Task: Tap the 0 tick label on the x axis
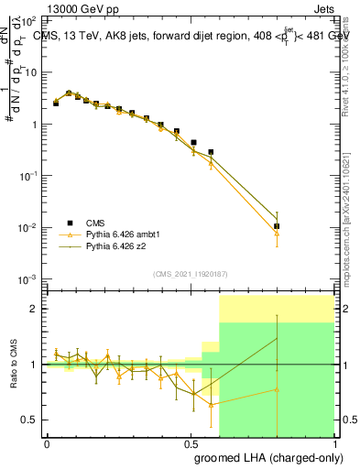pos(47,443)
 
